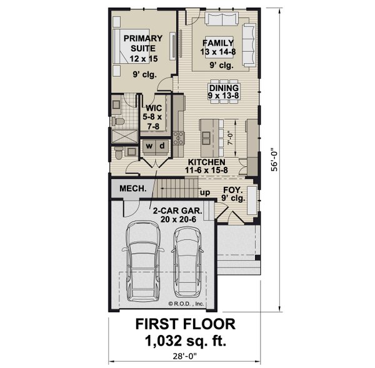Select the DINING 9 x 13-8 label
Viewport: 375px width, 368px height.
(x=223, y=91)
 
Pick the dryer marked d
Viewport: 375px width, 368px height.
(x=161, y=146)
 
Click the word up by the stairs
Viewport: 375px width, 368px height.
(x=204, y=192)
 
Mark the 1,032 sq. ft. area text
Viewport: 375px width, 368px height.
(x=187, y=341)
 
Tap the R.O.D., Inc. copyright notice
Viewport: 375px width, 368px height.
(x=186, y=304)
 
